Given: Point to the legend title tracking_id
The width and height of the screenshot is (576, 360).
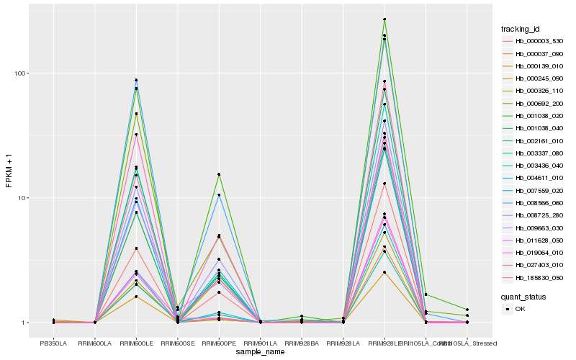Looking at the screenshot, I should (521, 29).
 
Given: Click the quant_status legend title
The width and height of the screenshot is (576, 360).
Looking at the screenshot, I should (523, 296).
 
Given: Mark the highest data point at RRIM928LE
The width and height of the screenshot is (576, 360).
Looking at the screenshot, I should (384, 19).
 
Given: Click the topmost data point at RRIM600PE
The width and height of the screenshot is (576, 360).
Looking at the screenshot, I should (219, 174).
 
